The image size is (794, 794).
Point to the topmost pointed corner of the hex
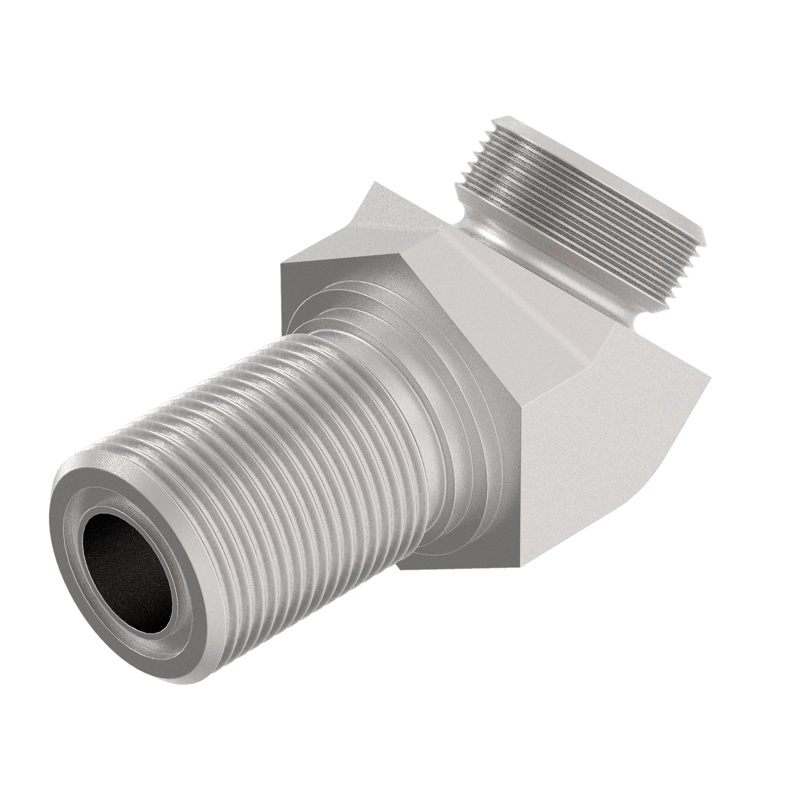tap(373, 183)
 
